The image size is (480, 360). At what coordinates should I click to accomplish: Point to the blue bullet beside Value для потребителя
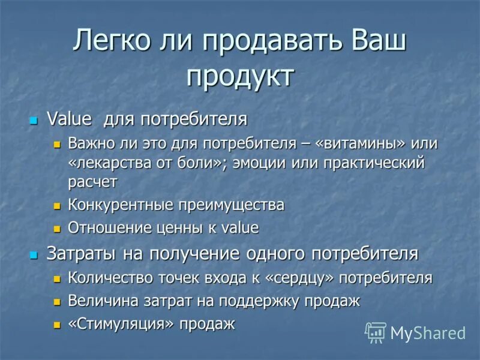34,120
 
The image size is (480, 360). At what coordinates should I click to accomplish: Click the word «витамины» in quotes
362,144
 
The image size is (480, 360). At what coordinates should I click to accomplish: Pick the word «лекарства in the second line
106,163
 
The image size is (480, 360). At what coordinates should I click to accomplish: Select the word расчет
92,181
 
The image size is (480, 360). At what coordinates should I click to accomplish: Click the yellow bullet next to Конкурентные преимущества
58,206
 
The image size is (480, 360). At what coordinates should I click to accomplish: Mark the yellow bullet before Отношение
58,229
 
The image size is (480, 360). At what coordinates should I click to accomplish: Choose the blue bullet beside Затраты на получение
34,254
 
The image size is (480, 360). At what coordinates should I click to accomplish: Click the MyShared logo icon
376,332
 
